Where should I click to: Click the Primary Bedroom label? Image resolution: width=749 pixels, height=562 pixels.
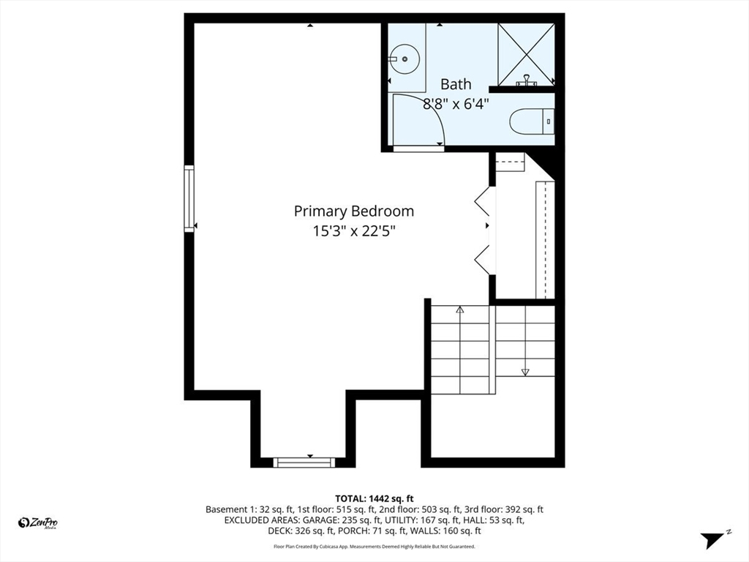coord(353,211)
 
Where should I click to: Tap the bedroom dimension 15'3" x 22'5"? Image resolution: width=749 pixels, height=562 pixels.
coord(353,231)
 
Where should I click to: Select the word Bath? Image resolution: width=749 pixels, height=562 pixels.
coord(456,84)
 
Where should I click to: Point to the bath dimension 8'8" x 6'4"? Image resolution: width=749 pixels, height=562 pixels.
coord(456,103)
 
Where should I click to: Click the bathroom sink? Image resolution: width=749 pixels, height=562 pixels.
coord(403,56)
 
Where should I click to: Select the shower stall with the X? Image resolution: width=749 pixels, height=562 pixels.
coord(525,53)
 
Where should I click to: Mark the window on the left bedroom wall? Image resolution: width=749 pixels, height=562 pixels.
coord(189,199)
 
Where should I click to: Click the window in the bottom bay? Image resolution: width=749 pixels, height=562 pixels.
coord(304,462)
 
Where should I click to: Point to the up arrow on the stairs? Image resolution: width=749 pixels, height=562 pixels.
coord(459,310)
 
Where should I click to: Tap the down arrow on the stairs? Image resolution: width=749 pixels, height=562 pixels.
coord(525,372)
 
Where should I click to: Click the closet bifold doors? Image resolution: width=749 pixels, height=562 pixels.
coord(483,228)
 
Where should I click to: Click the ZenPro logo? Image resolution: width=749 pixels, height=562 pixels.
coord(38,522)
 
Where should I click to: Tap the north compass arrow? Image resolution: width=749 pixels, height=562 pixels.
coord(712,540)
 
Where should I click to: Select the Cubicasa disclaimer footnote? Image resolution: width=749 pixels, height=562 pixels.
coord(374,547)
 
